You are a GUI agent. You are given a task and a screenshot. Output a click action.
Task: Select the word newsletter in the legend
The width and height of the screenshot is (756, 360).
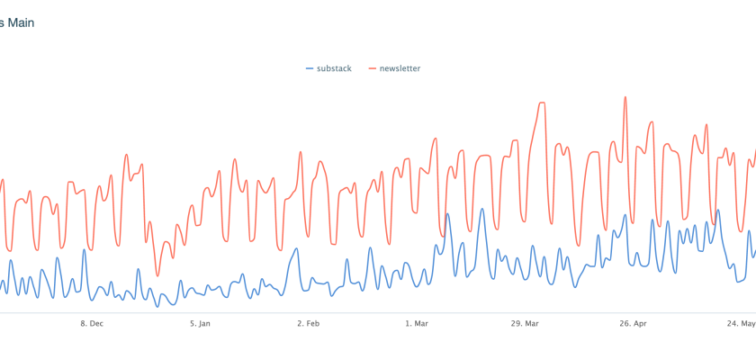[400, 68]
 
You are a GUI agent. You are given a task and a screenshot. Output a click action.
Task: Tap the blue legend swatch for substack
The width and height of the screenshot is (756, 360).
[310, 68]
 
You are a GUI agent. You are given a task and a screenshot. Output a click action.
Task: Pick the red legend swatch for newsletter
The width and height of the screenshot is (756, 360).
[373, 68]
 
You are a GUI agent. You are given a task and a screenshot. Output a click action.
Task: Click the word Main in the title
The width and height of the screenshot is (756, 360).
[22, 24]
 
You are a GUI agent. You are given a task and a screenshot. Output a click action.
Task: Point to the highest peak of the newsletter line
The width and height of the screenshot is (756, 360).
[625, 97]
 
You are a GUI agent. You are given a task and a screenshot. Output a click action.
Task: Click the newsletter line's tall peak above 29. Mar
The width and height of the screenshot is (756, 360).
[543, 102]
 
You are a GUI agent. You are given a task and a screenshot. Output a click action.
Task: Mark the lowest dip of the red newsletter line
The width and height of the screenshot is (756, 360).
[157, 274]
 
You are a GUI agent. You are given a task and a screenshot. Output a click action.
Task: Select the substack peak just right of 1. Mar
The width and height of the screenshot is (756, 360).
[447, 214]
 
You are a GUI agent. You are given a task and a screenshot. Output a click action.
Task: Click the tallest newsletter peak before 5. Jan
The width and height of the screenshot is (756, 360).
[126, 155]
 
